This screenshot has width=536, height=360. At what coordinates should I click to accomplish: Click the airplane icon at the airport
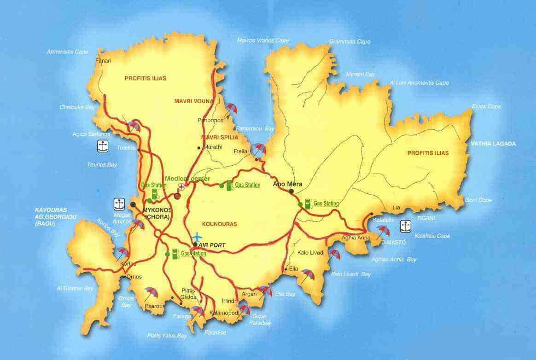(x=198, y=238)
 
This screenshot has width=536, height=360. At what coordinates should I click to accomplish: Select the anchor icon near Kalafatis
(x=405, y=226)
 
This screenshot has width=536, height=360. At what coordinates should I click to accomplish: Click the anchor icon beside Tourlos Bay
(x=102, y=146)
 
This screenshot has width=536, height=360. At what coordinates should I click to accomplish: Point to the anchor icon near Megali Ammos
(x=119, y=203)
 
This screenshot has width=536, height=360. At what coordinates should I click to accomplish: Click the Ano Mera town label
(x=288, y=184)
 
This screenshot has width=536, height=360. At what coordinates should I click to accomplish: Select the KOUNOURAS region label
(x=219, y=224)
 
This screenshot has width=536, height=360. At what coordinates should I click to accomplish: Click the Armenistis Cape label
(x=67, y=52)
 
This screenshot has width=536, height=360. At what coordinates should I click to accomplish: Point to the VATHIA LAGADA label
(x=493, y=144)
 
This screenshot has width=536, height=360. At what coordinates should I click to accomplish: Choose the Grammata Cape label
(x=350, y=42)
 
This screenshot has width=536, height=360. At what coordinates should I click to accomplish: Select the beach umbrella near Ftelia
(x=259, y=149)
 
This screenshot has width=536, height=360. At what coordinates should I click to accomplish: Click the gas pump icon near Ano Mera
(x=307, y=203)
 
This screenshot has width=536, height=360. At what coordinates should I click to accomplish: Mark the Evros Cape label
(x=486, y=106)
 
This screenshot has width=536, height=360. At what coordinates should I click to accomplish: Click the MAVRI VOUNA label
(x=194, y=101)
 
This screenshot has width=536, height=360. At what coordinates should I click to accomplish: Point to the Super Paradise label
(x=260, y=319)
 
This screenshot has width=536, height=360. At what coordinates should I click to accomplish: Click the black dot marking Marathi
(x=198, y=148)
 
